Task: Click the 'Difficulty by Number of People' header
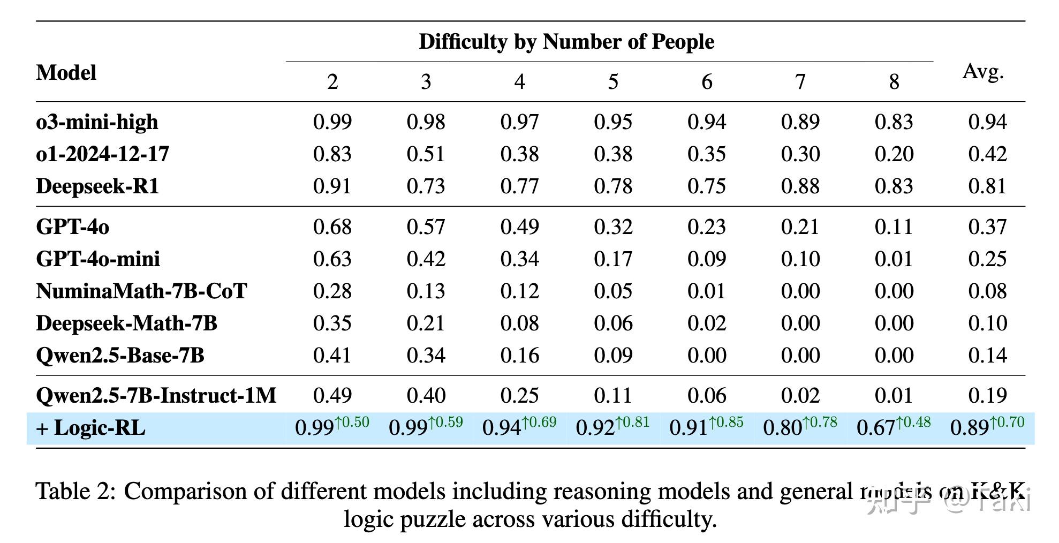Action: (566, 42)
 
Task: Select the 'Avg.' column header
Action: (982, 71)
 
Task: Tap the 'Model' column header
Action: (66, 73)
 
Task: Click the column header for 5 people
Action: (613, 82)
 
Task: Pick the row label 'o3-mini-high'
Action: (97, 122)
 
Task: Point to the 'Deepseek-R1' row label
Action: (97, 186)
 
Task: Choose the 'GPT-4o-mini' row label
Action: (98, 259)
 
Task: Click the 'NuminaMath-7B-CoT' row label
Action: (141, 291)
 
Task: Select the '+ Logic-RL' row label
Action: (90, 428)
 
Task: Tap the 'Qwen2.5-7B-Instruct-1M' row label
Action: (156, 396)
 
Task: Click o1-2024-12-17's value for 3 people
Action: (426, 154)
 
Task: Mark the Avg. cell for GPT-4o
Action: (987, 227)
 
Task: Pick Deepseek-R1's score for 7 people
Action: (800, 186)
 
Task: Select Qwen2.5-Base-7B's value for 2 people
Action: (332, 356)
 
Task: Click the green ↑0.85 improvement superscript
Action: (726, 423)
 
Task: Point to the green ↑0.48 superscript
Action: (913, 423)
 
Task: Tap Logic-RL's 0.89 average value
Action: (969, 428)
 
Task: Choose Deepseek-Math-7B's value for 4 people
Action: (519, 323)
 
